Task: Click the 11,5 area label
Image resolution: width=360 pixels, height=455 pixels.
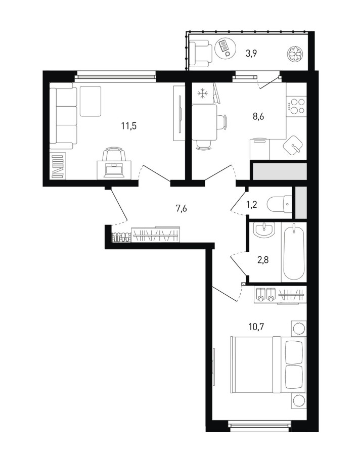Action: (x=129, y=126)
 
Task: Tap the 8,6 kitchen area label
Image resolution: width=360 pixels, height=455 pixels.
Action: (x=258, y=117)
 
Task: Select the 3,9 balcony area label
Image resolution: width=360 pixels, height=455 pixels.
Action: (x=251, y=54)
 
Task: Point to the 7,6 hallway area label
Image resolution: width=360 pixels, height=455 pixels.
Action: (x=181, y=208)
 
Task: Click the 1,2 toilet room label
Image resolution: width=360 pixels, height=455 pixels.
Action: (x=252, y=205)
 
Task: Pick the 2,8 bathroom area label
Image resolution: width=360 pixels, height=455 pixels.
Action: (x=263, y=260)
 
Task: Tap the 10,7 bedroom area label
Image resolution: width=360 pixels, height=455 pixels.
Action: (x=256, y=327)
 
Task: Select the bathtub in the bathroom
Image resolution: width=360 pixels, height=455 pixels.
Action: (x=294, y=252)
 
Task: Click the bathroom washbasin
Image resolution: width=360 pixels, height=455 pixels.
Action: (x=264, y=230)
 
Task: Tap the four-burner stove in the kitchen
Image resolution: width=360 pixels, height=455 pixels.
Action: (x=296, y=106)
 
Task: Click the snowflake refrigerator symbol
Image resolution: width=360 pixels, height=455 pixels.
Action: (x=203, y=94)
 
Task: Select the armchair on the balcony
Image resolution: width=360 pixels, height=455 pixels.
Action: (x=201, y=53)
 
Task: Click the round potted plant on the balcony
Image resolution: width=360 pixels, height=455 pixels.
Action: (x=295, y=54)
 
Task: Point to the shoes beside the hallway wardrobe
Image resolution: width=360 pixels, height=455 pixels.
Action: (x=121, y=237)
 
